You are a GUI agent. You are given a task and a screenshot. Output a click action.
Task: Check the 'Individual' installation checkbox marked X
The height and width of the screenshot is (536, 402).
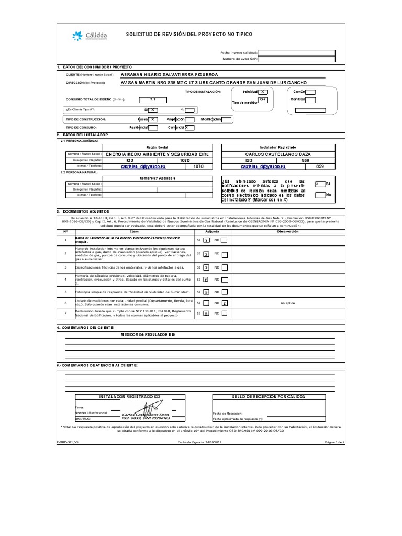point(264,91)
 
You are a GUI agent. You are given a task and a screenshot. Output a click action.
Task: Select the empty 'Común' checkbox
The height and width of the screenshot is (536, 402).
point(310,91)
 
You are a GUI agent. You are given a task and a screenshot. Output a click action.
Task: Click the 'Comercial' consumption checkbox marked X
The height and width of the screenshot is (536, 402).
point(189,127)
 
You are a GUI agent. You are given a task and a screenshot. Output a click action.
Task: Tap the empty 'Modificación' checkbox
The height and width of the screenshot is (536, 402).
point(226,119)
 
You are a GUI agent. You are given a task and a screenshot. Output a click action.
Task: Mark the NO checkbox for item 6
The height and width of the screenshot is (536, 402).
point(224,303)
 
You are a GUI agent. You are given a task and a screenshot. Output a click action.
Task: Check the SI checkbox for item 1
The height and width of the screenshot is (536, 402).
point(206,240)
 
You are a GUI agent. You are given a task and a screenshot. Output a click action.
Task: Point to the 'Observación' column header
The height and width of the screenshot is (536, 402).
point(287,231)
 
